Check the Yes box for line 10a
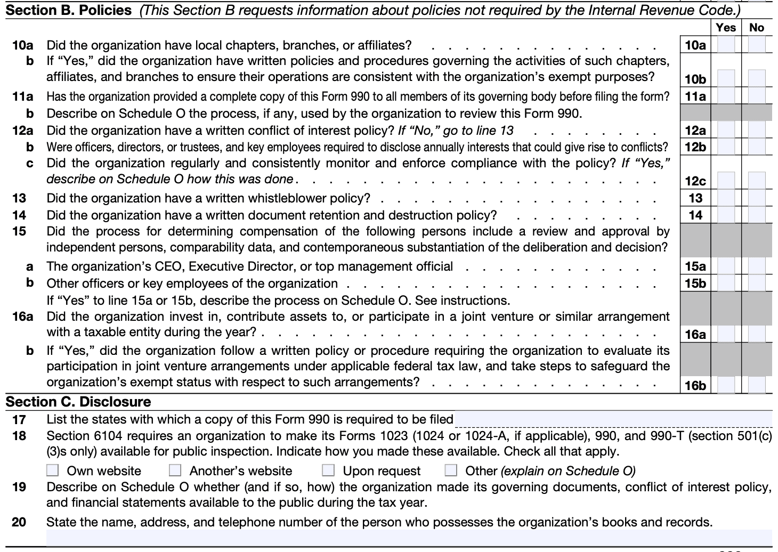(x=726, y=45)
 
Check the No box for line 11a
(x=757, y=96)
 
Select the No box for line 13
(x=757, y=198)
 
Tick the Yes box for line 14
(x=726, y=215)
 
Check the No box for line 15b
(x=757, y=283)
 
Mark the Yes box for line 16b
(x=726, y=385)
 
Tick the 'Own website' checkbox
(x=53, y=470)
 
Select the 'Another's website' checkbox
(x=175, y=470)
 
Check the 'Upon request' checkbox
(x=328, y=470)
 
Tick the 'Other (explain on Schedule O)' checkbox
(x=451, y=470)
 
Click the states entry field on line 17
(x=613, y=419)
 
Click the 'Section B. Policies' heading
(x=69, y=11)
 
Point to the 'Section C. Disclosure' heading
(x=78, y=402)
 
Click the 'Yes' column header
(x=726, y=28)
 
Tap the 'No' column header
(x=757, y=28)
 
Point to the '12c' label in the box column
(x=695, y=181)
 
